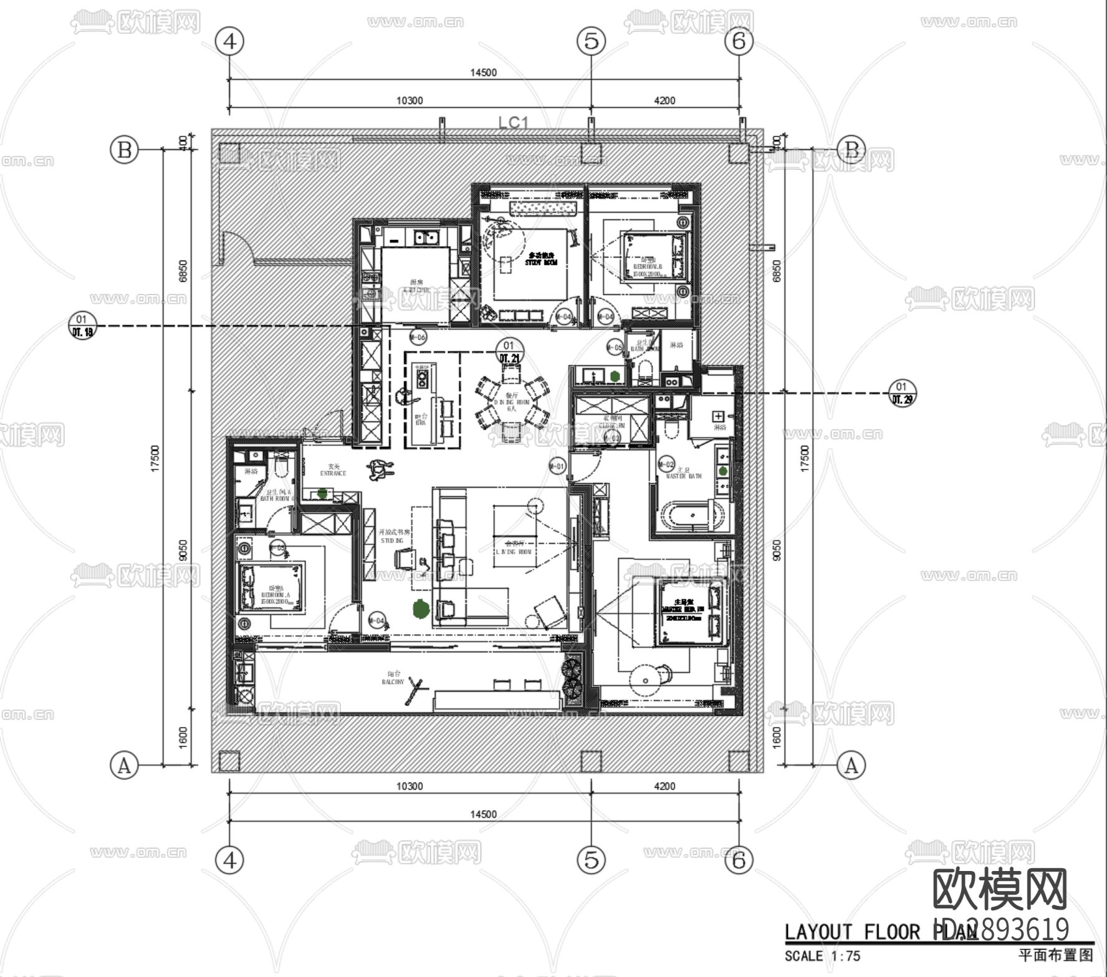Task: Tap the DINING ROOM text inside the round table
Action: click(x=511, y=403)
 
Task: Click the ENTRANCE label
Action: click(x=333, y=470)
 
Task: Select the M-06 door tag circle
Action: click(x=418, y=337)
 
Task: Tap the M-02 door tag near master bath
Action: click(x=666, y=464)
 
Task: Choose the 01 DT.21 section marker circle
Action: click(x=509, y=352)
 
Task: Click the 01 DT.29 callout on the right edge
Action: click(x=901, y=393)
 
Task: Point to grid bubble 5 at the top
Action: click(x=591, y=41)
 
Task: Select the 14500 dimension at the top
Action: click(x=484, y=72)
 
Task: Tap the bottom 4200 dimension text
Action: click(x=664, y=786)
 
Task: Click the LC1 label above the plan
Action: click(x=513, y=122)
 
